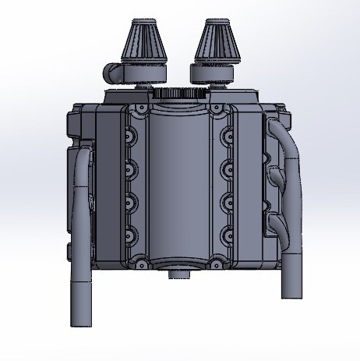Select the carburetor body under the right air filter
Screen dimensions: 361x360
(x=212, y=74)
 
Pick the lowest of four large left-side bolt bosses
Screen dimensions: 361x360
(x=130, y=231)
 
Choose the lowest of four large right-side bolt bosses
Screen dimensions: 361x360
(x=228, y=231)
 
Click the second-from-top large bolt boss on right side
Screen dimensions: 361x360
(x=228, y=168)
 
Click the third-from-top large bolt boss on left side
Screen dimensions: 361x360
(x=130, y=200)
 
